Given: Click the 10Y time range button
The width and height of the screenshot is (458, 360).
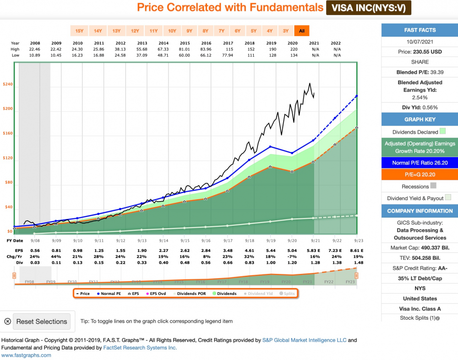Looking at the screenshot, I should coord(172,31).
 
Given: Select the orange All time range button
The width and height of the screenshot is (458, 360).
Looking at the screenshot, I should coord(301,31).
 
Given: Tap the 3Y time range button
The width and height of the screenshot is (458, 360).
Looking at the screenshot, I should coord(285,31).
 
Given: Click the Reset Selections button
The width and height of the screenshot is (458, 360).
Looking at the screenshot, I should coord(42,322).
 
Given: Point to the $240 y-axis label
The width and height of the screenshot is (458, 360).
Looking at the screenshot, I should coord(7,84).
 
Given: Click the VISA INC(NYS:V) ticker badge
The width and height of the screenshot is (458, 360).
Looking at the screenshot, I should coord(368,8).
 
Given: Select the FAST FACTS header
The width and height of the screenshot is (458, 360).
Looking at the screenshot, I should coord(420,30).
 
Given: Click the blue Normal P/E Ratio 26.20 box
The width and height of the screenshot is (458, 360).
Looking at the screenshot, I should coord(420,163).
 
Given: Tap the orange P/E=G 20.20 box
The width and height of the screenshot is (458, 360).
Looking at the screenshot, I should coord(420,175).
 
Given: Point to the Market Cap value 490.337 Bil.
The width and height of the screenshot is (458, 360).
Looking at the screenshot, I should coord(420,248).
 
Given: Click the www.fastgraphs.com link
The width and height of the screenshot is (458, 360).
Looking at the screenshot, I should coord(26,355).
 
